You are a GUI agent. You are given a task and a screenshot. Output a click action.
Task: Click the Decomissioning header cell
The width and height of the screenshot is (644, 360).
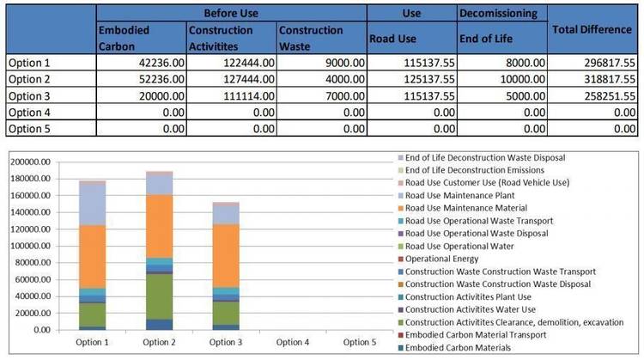499,14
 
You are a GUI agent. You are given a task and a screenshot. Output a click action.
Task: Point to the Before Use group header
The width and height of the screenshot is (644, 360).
231,14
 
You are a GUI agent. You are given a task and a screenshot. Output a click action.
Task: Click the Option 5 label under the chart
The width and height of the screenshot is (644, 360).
361,342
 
